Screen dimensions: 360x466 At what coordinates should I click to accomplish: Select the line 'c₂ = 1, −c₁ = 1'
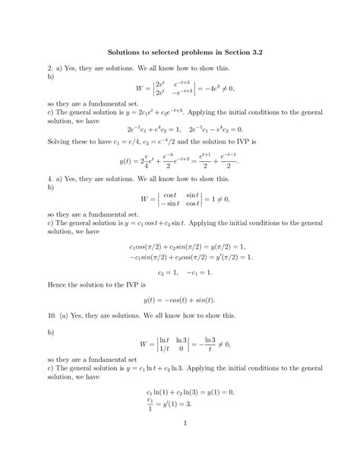pos(180,270)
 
